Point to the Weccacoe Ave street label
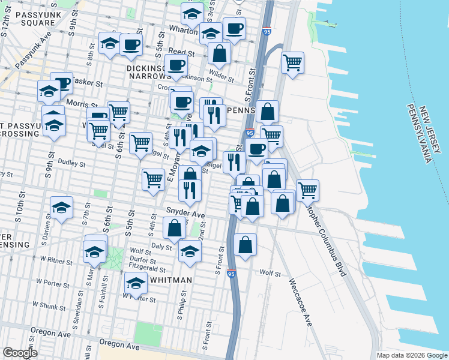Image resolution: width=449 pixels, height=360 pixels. coord(301,303)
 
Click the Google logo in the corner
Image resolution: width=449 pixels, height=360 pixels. coord(19,353)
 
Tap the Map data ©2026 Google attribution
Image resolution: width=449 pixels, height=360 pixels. coord(412,355)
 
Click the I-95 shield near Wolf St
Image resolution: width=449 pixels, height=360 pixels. coord(232,274)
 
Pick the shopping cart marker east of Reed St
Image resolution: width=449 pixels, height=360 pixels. coord(292,62)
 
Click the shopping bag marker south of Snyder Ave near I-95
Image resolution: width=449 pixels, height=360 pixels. coord(245,244)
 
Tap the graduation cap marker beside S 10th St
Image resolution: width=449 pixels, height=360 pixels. coord(62,208)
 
